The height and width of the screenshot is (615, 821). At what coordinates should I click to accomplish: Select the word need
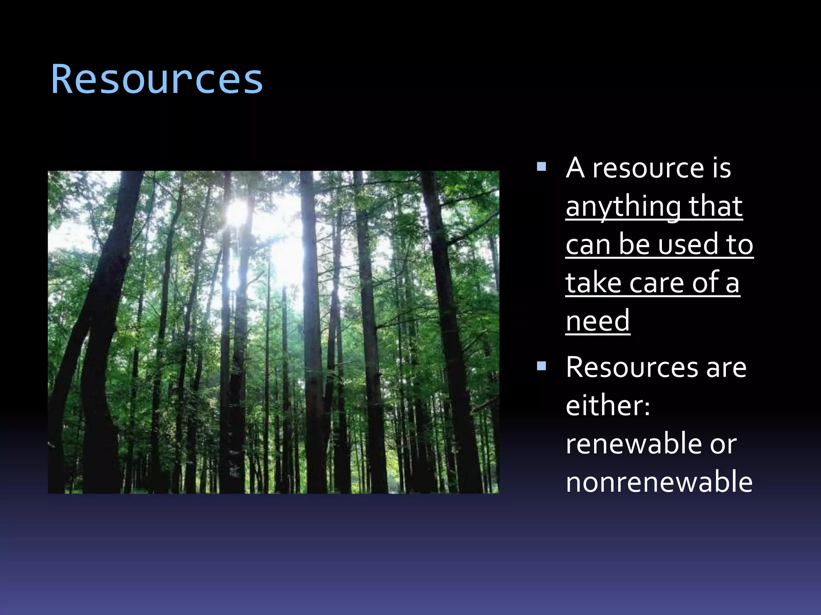(598, 320)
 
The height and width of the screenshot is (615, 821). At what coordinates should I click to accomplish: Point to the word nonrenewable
(659, 482)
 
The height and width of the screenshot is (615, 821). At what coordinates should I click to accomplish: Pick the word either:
(608, 405)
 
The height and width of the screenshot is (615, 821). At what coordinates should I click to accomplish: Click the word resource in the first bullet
(648, 168)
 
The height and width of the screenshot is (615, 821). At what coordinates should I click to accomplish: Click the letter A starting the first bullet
(575, 168)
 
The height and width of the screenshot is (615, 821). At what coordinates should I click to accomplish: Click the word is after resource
(722, 168)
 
